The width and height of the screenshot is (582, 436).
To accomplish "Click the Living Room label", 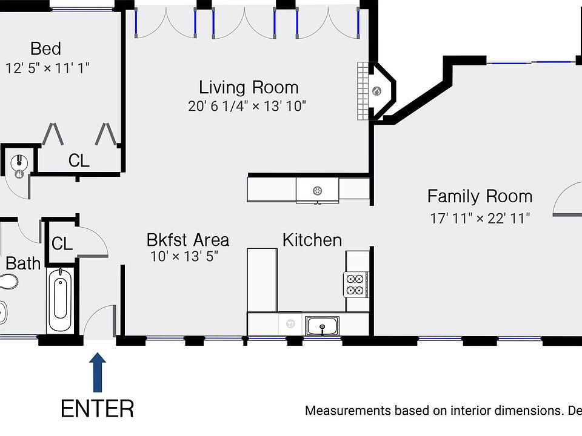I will [249, 87].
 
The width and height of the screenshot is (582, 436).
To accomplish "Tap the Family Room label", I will [480, 196].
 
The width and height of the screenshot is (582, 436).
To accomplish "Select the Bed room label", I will [46, 48].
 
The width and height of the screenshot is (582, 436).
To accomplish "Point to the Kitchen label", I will [312, 240].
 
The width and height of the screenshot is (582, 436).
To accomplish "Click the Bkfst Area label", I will [188, 239].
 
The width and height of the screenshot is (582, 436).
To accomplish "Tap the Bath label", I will [23, 263].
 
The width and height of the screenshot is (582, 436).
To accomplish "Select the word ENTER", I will [98, 409].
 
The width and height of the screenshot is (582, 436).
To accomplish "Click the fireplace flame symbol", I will [376, 91].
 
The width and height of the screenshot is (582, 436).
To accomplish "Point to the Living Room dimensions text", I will [247, 107].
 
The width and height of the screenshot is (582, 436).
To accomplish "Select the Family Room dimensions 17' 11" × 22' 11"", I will [480, 218].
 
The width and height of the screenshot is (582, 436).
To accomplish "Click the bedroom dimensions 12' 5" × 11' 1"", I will [47, 68].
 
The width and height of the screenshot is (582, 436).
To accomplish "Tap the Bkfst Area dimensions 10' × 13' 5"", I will [184, 256].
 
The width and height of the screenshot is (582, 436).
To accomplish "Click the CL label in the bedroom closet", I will [79, 161].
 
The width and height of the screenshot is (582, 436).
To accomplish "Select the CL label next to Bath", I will [62, 244].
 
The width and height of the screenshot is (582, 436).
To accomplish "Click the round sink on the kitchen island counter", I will [316, 191].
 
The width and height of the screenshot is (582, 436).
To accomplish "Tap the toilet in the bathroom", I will [7, 282].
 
